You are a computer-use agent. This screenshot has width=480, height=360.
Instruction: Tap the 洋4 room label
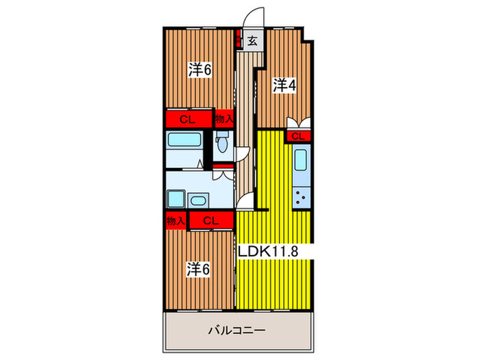click(284, 86)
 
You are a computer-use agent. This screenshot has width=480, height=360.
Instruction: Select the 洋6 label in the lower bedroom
click(199, 269)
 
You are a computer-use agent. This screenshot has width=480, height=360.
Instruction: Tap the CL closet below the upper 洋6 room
click(187, 119)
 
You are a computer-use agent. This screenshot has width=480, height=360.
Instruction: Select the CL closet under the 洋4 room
click(298, 136)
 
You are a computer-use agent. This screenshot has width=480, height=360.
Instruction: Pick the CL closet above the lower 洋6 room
click(211, 220)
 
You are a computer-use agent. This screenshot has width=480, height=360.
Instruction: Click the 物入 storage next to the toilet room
click(224, 119)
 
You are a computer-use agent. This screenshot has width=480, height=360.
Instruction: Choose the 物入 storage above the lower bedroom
click(175, 220)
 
